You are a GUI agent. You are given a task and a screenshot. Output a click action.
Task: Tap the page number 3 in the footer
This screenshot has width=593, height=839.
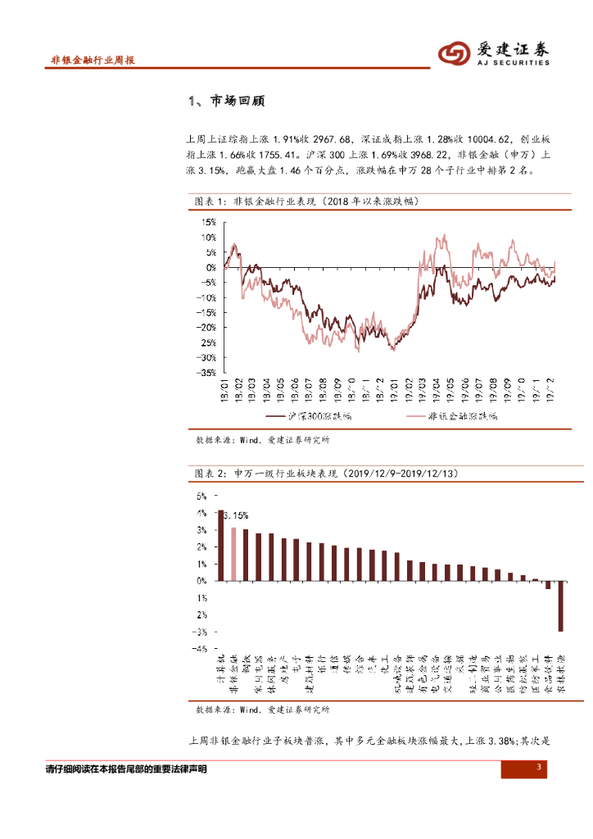pos(540,767)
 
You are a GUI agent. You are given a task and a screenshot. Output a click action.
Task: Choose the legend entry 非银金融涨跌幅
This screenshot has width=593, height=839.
pos(463,416)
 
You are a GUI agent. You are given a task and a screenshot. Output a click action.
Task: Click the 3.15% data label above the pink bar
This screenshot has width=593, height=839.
pos(236,515)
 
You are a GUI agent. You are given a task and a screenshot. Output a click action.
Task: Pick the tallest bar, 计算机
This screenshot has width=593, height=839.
pos(220,545)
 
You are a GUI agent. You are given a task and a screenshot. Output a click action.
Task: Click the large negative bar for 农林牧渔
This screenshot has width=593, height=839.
pos(561,605)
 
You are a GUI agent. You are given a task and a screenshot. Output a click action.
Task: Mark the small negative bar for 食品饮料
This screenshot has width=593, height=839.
pos(548,584)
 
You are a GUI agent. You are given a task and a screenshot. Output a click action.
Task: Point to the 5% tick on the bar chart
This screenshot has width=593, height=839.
pos(201,496)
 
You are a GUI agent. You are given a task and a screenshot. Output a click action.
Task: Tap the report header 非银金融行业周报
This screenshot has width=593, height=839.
pos(93,61)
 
